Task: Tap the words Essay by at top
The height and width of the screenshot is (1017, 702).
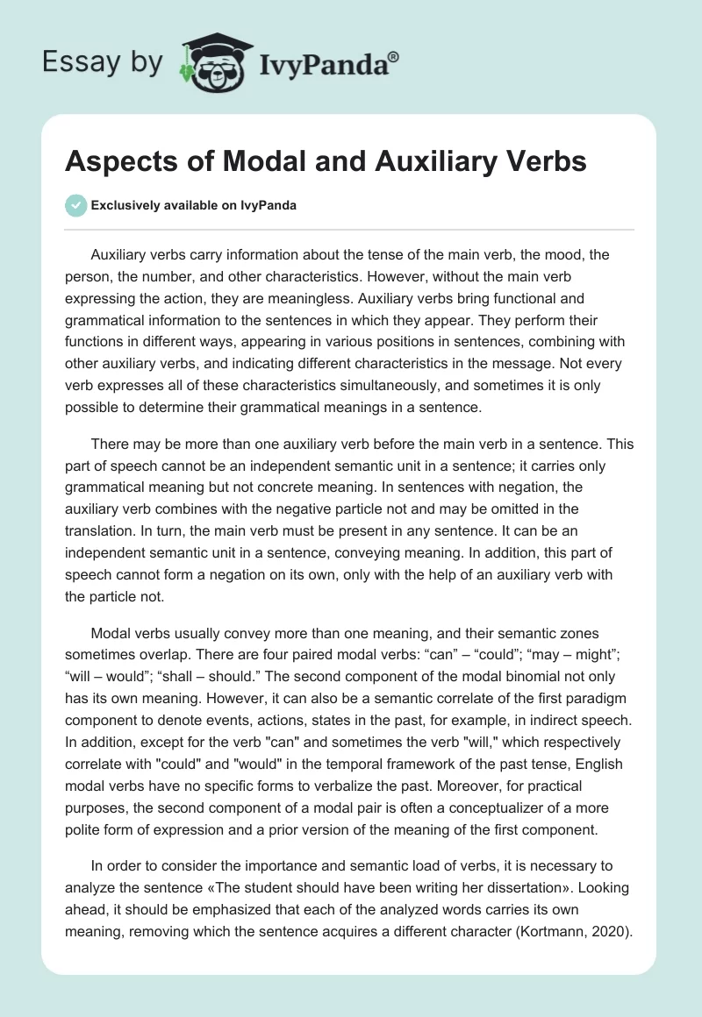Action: (104, 62)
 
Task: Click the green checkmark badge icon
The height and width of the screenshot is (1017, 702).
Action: (75, 205)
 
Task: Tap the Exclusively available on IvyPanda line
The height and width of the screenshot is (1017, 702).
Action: (192, 205)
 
